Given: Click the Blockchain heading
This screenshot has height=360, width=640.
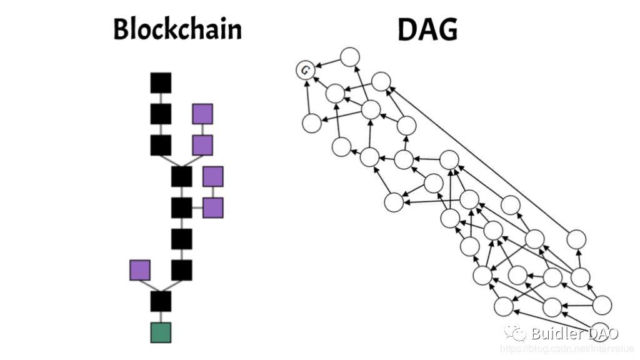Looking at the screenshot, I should pyautogui.click(x=177, y=29).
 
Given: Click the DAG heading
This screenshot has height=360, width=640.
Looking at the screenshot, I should pyautogui.click(x=427, y=29).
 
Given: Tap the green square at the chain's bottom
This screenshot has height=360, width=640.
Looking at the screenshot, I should pyautogui.click(x=161, y=332).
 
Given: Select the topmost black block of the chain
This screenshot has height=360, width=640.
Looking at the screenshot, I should pyautogui.click(x=161, y=82).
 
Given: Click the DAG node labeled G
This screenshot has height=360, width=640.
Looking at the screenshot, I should pyautogui.click(x=305, y=70).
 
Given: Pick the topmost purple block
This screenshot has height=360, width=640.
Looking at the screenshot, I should pyautogui.click(x=202, y=114).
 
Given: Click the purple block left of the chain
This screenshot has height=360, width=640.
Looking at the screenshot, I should pyautogui.click(x=140, y=270).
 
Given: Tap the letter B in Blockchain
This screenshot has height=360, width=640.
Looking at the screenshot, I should pyautogui.click(x=121, y=29).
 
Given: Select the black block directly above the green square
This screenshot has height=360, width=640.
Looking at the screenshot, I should pyautogui.click(x=161, y=301).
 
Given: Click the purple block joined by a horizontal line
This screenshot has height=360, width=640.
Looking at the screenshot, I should pyautogui.click(x=212, y=207).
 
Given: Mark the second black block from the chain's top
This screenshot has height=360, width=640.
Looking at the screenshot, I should pyautogui.click(x=161, y=114).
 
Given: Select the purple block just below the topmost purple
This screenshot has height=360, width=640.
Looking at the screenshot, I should pyautogui.click(x=202, y=145).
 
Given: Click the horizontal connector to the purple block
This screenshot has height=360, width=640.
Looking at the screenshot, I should pyautogui.click(x=197, y=207).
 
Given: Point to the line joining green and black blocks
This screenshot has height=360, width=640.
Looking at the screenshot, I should pyautogui.click(x=161, y=317).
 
